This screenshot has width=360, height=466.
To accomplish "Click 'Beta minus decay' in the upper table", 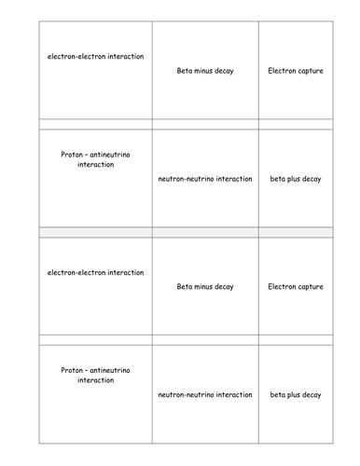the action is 205,71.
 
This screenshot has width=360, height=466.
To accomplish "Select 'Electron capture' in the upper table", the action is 296,71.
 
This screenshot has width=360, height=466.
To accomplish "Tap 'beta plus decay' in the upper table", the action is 296,179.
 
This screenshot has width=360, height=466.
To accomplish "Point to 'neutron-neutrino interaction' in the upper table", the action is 205,179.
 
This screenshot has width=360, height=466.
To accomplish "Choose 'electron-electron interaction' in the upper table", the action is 95,56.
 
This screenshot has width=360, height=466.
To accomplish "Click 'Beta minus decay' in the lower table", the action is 205,287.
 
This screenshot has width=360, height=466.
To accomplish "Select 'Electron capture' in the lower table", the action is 296,287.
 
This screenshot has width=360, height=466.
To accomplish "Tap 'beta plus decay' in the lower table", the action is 296,395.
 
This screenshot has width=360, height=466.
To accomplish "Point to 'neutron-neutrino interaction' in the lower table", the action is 205,395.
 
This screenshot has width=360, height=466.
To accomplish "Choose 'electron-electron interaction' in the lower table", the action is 95,272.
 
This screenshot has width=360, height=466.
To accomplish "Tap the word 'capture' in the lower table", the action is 310,287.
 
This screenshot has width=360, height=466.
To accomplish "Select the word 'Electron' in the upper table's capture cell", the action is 282,71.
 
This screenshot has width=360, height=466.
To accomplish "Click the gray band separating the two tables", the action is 180,231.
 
